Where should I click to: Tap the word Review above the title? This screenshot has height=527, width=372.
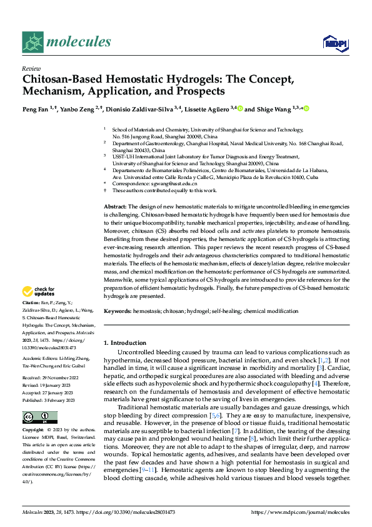[x=30, y=68]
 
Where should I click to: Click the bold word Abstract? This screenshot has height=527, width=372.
[x=116, y=206]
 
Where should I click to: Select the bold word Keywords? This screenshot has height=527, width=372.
[x=118, y=311]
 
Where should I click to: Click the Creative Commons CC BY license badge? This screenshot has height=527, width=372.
[x=39, y=417]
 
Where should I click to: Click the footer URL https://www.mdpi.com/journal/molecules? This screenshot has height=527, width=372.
[x=300, y=512]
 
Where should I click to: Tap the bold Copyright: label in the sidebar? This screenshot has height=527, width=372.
[x=34, y=431]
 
